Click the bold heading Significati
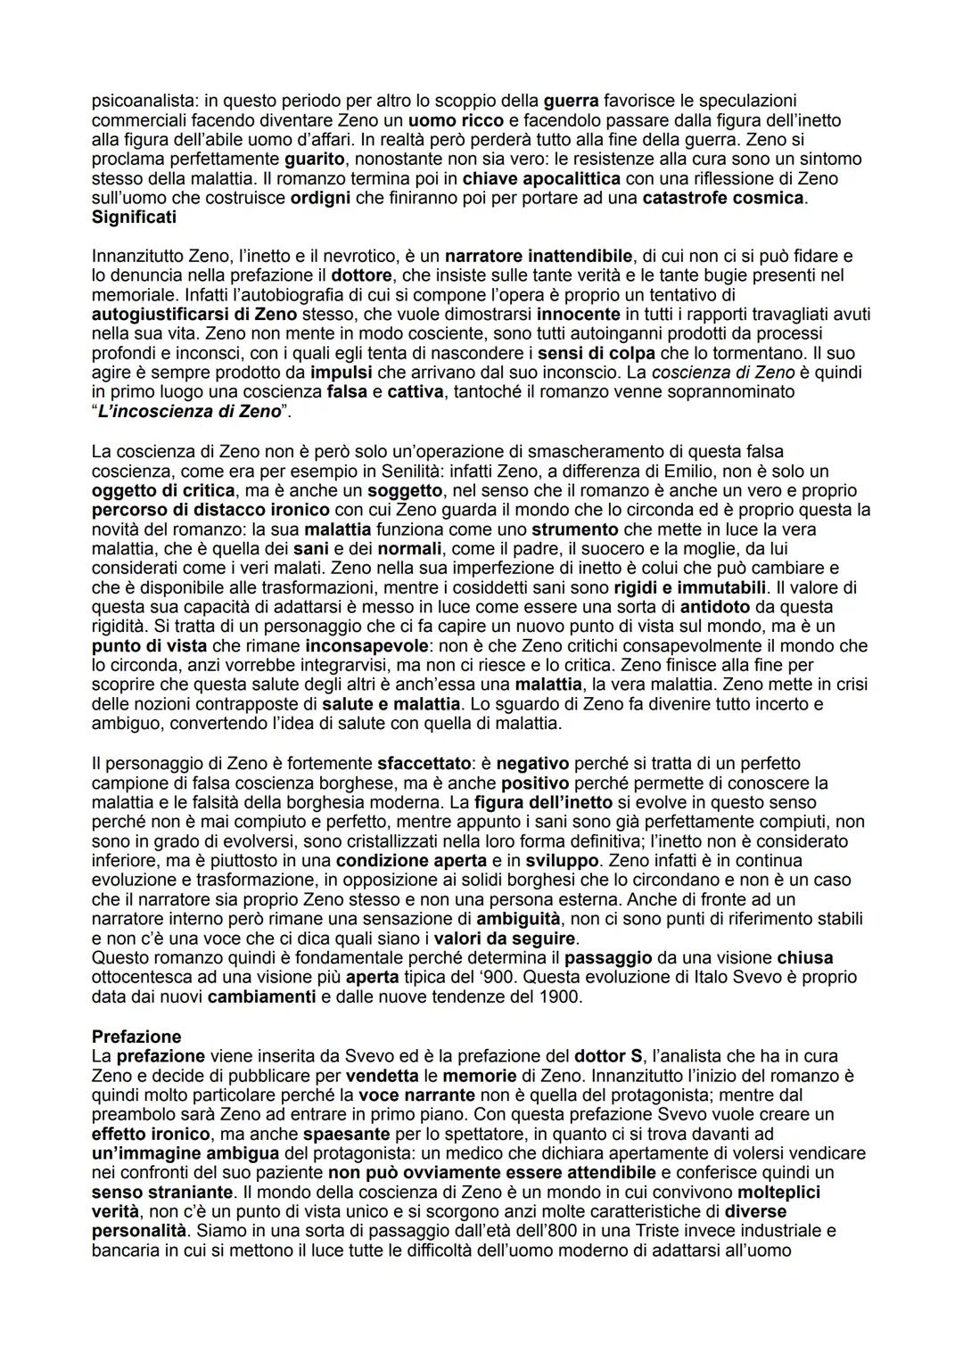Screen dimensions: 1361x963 pyautogui.click(x=134, y=217)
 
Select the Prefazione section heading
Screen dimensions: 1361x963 pyautogui.click(x=136, y=1037)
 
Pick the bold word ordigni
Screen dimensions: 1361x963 pyautogui.click(x=320, y=198)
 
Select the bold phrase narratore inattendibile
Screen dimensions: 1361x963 pyautogui.click(x=539, y=257)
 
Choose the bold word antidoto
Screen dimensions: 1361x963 pyautogui.click(x=715, y=607)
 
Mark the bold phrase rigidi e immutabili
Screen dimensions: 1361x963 pyautogui.click(x=690, y=587)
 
